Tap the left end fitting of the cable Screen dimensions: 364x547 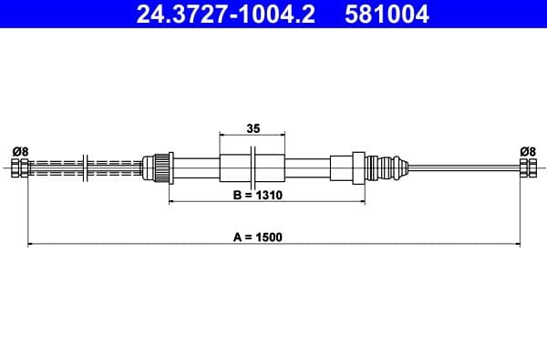point(20,168)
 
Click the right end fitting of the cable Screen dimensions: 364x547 point(528,168)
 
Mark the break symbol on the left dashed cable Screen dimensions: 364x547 point(85,168)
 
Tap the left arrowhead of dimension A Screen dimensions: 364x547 point(32,244)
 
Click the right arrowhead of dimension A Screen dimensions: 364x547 point(517,244)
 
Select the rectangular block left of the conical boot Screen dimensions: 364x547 point(344,168)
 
